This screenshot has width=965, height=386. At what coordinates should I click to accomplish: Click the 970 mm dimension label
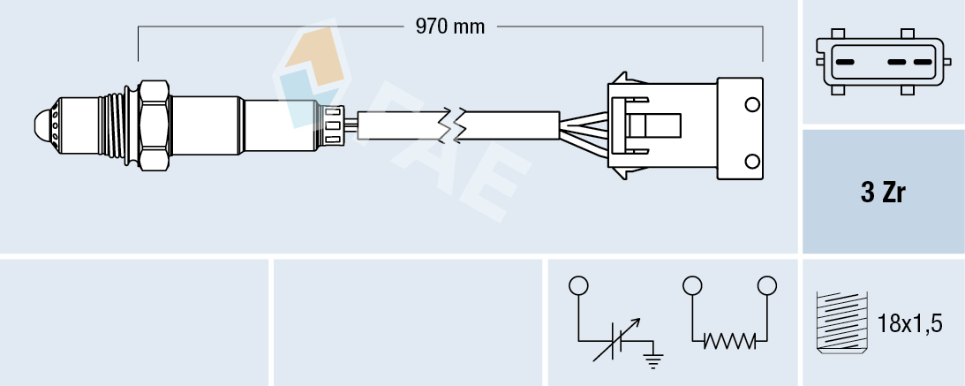tap(450, 27)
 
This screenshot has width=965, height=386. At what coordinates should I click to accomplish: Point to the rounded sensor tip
tap(41, 124)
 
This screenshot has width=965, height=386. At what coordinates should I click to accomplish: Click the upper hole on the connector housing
tap(752, 106)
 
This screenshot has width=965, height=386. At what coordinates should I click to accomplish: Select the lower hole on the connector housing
tap(752, 162)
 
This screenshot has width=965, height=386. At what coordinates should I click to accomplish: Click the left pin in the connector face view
tap(844, 63)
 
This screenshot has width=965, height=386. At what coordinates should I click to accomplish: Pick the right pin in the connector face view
tap(922, 63)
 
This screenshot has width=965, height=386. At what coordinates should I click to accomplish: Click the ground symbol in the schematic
tap(653, 358)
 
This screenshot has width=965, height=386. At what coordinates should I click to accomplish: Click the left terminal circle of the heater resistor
tap(692, 285)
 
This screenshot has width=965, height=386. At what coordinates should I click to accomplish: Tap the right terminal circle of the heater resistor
tap(767, 285)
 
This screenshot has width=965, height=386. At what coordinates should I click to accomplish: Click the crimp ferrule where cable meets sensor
tap(334, 125)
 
